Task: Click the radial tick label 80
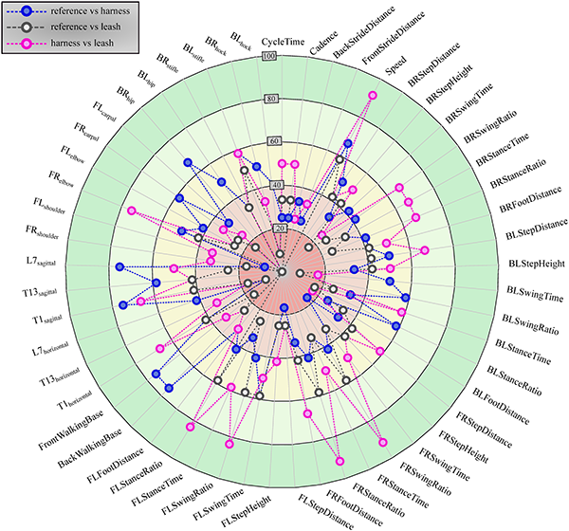[x=272, y=100]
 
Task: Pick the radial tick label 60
[x=276, y=142]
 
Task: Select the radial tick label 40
[x=278, y=184]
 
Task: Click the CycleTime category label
[x=284, y=43]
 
